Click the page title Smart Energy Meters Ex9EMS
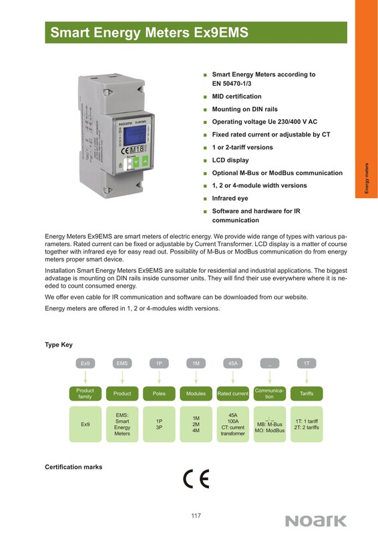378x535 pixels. point(150,33)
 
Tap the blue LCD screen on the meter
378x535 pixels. point(135,135)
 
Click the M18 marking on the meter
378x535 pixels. point(138,149)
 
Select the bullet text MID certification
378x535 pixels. point(236,96)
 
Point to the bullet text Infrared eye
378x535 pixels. point(230,198)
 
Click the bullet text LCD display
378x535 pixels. point(230,160)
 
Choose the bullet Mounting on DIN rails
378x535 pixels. point(244,109)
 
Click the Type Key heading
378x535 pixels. point(59,344)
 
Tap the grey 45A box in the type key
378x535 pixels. point(233,363)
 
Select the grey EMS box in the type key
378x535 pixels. point(122,363)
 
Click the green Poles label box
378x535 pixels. point(159,393)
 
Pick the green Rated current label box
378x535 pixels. point(233,393)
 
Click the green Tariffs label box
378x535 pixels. point(307,393)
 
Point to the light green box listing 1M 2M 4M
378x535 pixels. point(196,424)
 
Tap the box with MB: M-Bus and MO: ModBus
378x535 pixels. point(270,424)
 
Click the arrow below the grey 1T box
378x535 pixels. point(307,377)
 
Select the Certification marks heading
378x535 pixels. point(73,467)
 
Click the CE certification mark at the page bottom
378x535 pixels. point(196,479)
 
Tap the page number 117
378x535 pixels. point(196,516)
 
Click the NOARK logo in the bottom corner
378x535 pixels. point(316,521)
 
